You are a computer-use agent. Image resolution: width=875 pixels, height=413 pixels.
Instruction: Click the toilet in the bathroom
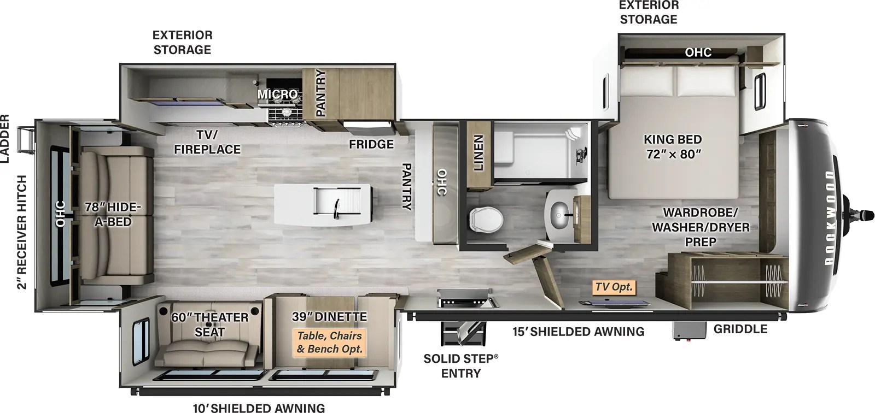pos(486,219)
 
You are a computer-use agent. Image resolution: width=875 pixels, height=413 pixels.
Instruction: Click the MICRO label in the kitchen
pos(277,94)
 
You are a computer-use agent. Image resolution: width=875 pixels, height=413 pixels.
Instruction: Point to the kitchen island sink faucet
pos(336,209)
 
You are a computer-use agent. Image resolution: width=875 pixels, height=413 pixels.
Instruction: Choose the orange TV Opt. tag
pos(614,287)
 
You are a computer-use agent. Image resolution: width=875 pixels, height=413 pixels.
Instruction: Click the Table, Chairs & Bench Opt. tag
pos(329,343)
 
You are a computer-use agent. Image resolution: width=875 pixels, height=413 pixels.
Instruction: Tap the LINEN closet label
pos(479,152)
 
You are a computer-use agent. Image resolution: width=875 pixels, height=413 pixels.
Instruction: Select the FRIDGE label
pos(371,144)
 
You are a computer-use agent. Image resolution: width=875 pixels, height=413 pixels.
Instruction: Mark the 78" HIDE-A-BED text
pos(113,214)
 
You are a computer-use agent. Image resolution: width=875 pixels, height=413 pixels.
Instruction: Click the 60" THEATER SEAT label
pos(210,324)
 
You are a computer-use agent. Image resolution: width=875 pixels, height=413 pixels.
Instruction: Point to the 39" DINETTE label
pos(329,317)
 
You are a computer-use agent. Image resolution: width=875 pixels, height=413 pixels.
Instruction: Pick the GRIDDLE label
pos(740,329)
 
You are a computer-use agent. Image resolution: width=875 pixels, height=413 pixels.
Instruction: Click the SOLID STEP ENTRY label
pos(461,366)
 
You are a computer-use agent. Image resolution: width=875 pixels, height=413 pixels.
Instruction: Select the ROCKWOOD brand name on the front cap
pos(830,218)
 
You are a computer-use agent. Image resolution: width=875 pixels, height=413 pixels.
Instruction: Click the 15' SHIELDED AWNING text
pos(578,332)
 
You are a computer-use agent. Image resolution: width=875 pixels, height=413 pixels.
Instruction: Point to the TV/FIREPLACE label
pos(207,142)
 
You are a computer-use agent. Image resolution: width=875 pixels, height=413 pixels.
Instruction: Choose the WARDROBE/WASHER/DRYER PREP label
pos(701,227)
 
